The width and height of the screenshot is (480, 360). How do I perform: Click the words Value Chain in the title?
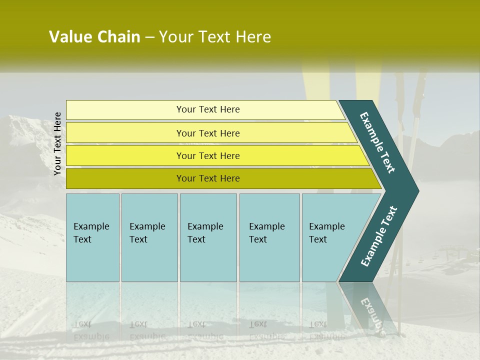[94, 37]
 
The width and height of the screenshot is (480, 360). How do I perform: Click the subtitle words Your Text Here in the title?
[215, 37]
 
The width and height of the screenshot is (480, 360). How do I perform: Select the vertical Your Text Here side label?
[57, 143]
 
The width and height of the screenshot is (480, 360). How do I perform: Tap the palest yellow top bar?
[125, 109]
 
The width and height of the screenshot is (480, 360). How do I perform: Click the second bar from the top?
[125, 133]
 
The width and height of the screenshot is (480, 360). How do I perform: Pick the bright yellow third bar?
[125, 155]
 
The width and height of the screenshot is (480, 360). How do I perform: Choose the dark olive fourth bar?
[125, 178]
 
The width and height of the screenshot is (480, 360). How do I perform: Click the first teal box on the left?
[92, 237]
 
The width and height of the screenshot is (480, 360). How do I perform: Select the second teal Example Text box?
[149, 237]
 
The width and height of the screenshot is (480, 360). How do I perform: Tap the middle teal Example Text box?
[208, 237]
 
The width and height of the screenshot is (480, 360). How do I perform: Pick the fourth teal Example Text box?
[269, 237]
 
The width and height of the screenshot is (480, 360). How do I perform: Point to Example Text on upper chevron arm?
[377, 142]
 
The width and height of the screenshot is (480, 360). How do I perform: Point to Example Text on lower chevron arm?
[379, 236]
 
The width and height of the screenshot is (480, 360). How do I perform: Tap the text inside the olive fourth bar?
[208, 178]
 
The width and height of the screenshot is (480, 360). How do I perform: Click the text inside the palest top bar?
[208, 109]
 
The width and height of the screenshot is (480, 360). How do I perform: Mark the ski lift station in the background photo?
[450, 252]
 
